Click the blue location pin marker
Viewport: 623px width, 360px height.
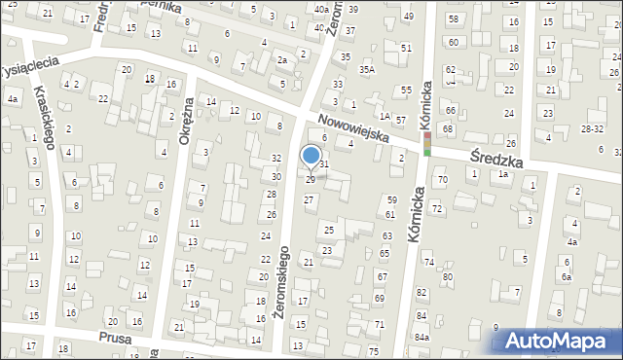[311, 156]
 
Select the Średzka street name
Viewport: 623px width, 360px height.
[496, 159]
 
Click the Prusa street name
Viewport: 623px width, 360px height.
[116, 337]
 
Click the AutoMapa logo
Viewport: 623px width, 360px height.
[563, 341]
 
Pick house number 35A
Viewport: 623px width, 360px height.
[366, 69]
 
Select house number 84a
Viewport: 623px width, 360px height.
[421, 337]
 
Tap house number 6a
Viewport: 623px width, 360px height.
[566, 276]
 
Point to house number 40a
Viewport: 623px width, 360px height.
[320, 9]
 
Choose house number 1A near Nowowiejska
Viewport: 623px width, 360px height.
[385, 116]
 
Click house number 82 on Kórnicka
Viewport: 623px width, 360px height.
[421, 293]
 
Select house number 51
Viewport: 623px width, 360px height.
[405, 48]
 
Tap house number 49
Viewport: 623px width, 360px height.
[408, 17]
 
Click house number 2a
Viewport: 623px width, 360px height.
[281, 60]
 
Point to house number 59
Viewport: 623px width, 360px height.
[391, 199]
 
